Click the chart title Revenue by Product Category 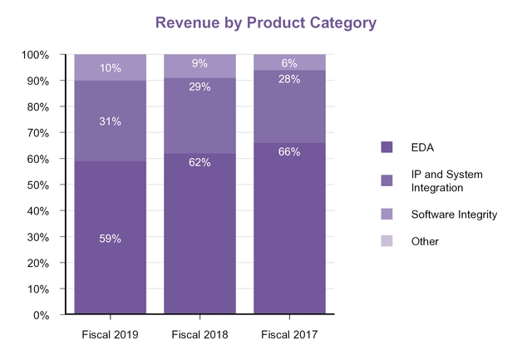(266, 22)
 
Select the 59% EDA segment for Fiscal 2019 (111, 239)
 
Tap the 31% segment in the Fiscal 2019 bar (111, 121)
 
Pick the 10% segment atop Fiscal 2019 (111, 67)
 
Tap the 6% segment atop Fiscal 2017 (289, 62)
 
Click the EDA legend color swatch (387, 146)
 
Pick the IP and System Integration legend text (447, 180)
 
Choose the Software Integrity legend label (454, 215)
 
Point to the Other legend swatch (387, 241)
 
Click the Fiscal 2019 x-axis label (111, 334)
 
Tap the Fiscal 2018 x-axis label (199, 334)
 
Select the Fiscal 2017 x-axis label (289, 334)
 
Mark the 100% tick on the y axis (37, 55)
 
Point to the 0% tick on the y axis (42, 315)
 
